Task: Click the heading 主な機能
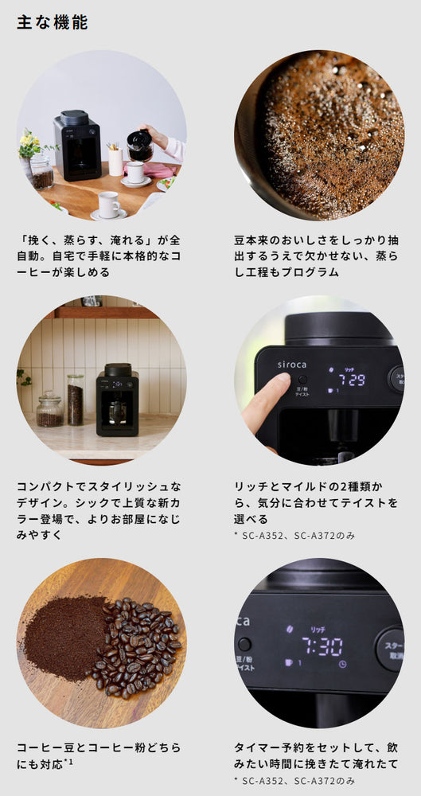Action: click(53, 22)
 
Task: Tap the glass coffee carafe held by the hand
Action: click(139, 146)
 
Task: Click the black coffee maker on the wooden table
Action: click(77, 145)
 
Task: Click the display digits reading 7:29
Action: click(352, 380)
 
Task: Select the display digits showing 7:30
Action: click(322, 646)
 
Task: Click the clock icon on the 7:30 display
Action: click(342, 664)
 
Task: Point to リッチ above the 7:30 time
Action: click(318, 630)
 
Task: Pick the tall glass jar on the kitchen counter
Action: click(75, 400)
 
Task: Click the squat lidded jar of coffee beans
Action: click(50, 409)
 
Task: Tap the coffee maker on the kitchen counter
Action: click(117, 400)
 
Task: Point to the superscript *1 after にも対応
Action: click(68, 760)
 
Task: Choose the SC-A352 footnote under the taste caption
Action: click(294, 536)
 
